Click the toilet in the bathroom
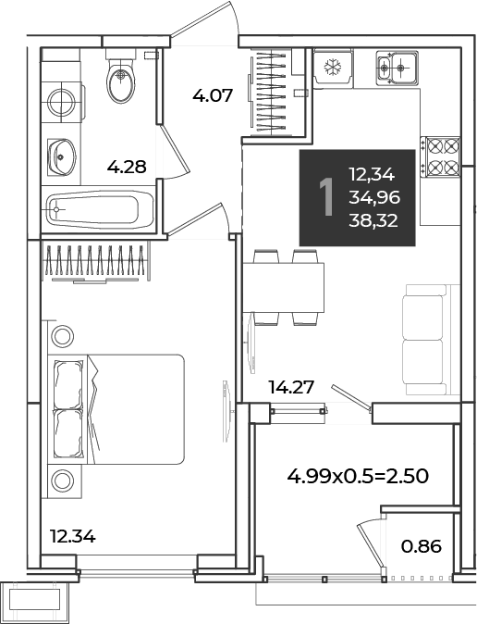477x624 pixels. tap(121, 77)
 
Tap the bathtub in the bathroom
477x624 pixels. tap(100, 209)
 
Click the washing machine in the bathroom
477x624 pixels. tap(62, 102)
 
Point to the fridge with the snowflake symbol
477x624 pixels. tap(333, 67)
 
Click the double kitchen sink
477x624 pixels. tap(397, 68)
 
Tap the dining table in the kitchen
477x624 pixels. tap(283, 287)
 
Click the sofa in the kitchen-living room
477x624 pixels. tap(432, 340)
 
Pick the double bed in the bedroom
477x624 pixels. tap(116, 409)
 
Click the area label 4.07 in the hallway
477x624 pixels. tap(213, 96)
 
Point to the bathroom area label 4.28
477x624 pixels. tap(127, 167)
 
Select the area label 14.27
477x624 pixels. tap(292, 387)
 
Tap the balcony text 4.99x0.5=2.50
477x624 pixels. tap(358, 476)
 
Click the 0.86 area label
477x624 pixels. tap(422, 546)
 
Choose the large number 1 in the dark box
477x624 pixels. tap(327, 197)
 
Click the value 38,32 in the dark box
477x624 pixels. tap(373, 220)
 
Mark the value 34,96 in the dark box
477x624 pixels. tap(374, 197)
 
